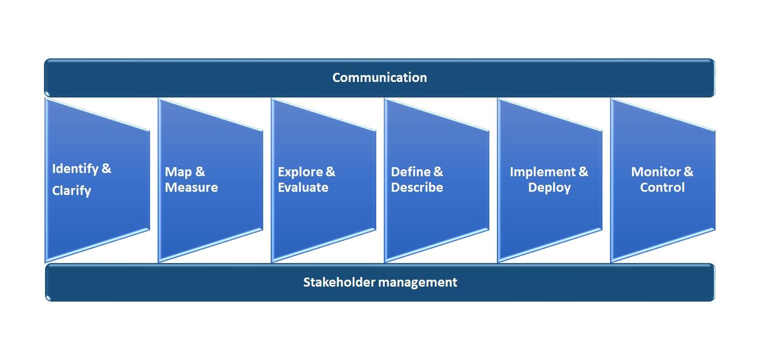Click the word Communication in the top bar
click(x=379, y=78)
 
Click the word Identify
click(x=75, y=169)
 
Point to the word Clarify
click(x=71, y=191)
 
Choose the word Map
click(x=178, y=172)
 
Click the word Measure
click(x=191, y=187)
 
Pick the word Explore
click(x=300, y=172)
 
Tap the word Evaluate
click(x=303, y=187)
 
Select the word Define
click(x=411, y=172)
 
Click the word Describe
click(x=417, y=187)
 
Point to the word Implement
click(x=542, y=172)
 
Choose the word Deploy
click(x=549, y=188)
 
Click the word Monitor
click(x=656, y=172)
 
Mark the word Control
click(x=662, y=187)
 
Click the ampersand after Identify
click(x=106, y=168)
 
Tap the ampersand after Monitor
click(x=689, y=172)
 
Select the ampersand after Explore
click(x=330, y=172)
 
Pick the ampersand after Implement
click(x=584, y=172)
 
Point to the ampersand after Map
click(x=200, y=172)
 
